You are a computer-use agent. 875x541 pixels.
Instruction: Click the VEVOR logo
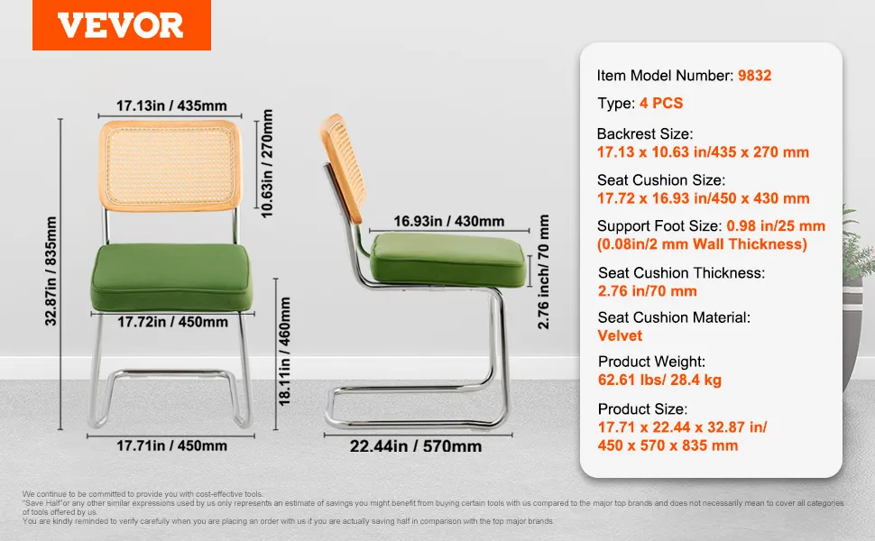121,25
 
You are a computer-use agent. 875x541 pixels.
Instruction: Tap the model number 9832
754,76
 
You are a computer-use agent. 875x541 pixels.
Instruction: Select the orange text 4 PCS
661,103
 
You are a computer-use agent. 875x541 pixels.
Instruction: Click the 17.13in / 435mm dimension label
171,105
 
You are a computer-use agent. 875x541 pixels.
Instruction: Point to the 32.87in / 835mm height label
51,271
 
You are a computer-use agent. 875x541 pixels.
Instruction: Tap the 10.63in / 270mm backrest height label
267,163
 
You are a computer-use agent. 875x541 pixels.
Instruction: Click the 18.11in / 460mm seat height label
284,352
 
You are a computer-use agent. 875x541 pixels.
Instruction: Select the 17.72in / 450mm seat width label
172,322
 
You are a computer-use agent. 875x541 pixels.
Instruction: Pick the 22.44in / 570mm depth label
416,446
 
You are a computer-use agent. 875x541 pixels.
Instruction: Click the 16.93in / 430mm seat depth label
449,222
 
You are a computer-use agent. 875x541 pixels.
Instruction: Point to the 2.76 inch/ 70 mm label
544,271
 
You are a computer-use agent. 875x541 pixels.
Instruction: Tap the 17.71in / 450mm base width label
172,445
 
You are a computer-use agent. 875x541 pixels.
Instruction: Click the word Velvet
620,335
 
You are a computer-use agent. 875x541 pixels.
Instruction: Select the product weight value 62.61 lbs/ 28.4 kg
659,380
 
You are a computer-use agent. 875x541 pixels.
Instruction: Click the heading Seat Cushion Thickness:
681,272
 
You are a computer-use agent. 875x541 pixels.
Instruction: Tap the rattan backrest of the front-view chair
170,166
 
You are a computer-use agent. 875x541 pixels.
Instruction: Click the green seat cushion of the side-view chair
448,260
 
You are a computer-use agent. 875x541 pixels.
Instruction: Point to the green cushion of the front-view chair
171,277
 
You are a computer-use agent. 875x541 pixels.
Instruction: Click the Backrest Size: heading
645,133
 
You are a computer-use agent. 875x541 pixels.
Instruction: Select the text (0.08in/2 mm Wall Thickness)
702,244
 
